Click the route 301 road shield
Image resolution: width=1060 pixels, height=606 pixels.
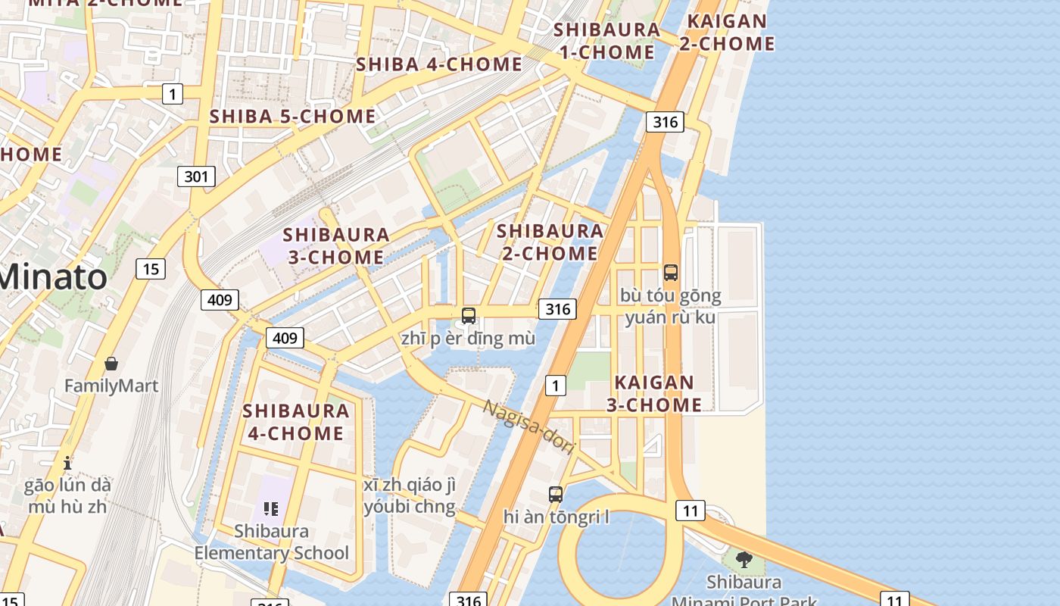tap(196, 176)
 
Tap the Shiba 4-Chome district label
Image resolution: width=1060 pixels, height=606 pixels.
tap(439, 64)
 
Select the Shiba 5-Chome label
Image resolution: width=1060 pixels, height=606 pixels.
tap(292, 116)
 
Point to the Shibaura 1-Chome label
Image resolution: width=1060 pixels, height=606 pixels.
tap(607, 41)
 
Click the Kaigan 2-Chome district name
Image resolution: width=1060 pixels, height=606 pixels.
tap(726, 33)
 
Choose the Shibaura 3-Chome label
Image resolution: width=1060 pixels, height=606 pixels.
tap(336, 246)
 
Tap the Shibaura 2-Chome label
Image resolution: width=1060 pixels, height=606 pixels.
tap(550, 242)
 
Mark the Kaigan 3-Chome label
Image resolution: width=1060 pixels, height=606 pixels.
tap(654, 393)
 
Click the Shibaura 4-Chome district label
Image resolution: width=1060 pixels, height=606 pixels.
tap(295, 422)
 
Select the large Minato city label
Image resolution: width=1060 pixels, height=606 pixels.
tap(53, 276)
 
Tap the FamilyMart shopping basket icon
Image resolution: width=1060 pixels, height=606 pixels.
tap(111, 364)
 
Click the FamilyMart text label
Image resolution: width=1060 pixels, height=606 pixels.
tap(111, 386)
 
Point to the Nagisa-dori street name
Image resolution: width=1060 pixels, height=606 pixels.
tap(529, 426)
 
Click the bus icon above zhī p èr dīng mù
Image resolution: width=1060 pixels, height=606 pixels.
tap(469, 316)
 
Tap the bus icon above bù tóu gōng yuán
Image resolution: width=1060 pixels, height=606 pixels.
tap(670, 273)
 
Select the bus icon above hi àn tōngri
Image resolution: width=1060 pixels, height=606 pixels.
tap(556, 495)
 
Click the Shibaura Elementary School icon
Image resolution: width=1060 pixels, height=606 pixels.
tap(271, 508)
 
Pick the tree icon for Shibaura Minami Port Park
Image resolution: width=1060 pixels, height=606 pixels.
tap(744, 560)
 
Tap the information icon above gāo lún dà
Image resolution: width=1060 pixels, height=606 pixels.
tap(67, 462)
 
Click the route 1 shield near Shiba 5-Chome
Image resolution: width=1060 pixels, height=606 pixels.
tap(173, 94)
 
